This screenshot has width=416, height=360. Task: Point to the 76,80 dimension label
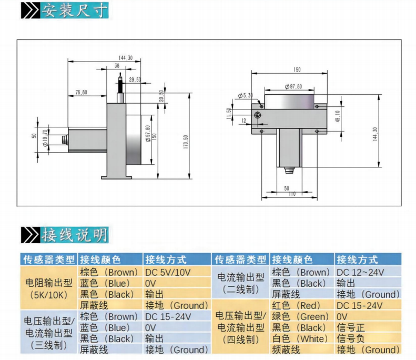coord(81,93)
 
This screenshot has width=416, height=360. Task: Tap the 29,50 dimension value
coord(135,80)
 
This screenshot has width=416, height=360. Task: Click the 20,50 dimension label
coord(161,96)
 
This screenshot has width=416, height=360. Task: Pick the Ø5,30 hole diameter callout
coord(245,95)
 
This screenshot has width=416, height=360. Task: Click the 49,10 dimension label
coord(338,116)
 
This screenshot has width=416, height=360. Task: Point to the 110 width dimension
coord(292,195)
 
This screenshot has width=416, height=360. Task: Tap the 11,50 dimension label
coord(229,114)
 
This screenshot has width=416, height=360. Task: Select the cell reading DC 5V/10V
coord(168,272)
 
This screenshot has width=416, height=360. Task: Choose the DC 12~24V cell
coord(360,272)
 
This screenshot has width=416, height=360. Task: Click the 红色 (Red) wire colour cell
coord(298,305)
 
